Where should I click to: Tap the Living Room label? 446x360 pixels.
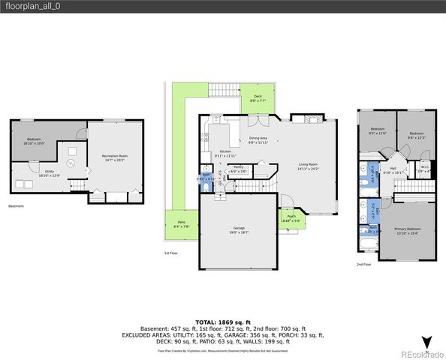[309, 166]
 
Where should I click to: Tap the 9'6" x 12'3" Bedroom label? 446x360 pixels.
[416, 135]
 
